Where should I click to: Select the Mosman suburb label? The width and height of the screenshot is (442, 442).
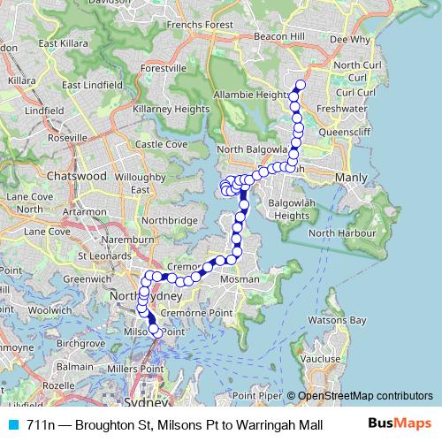[240, 278]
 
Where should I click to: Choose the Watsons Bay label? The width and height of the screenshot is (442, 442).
[345, 321]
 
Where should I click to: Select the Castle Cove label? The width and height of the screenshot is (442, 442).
[160, 144]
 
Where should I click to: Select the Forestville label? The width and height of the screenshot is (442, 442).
[163, 67]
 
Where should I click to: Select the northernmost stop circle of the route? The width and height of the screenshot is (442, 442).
[301, 85]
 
